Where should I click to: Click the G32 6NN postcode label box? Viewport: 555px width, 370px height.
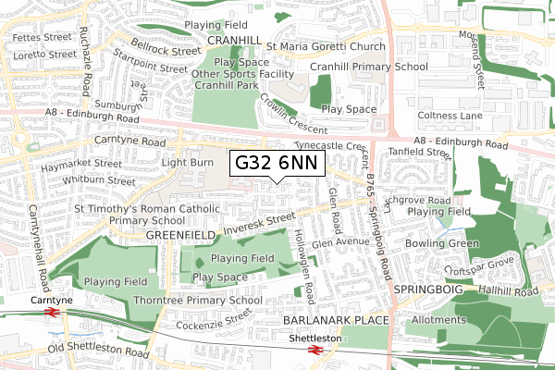[x=277, y=163]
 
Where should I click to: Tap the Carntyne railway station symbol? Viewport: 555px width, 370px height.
[x=52, y=314]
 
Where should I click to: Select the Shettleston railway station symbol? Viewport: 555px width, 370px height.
[x=315, y=351]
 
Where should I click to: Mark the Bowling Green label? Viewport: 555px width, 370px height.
[x=448, y=243]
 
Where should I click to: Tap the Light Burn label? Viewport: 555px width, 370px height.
[x=187, y=162]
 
